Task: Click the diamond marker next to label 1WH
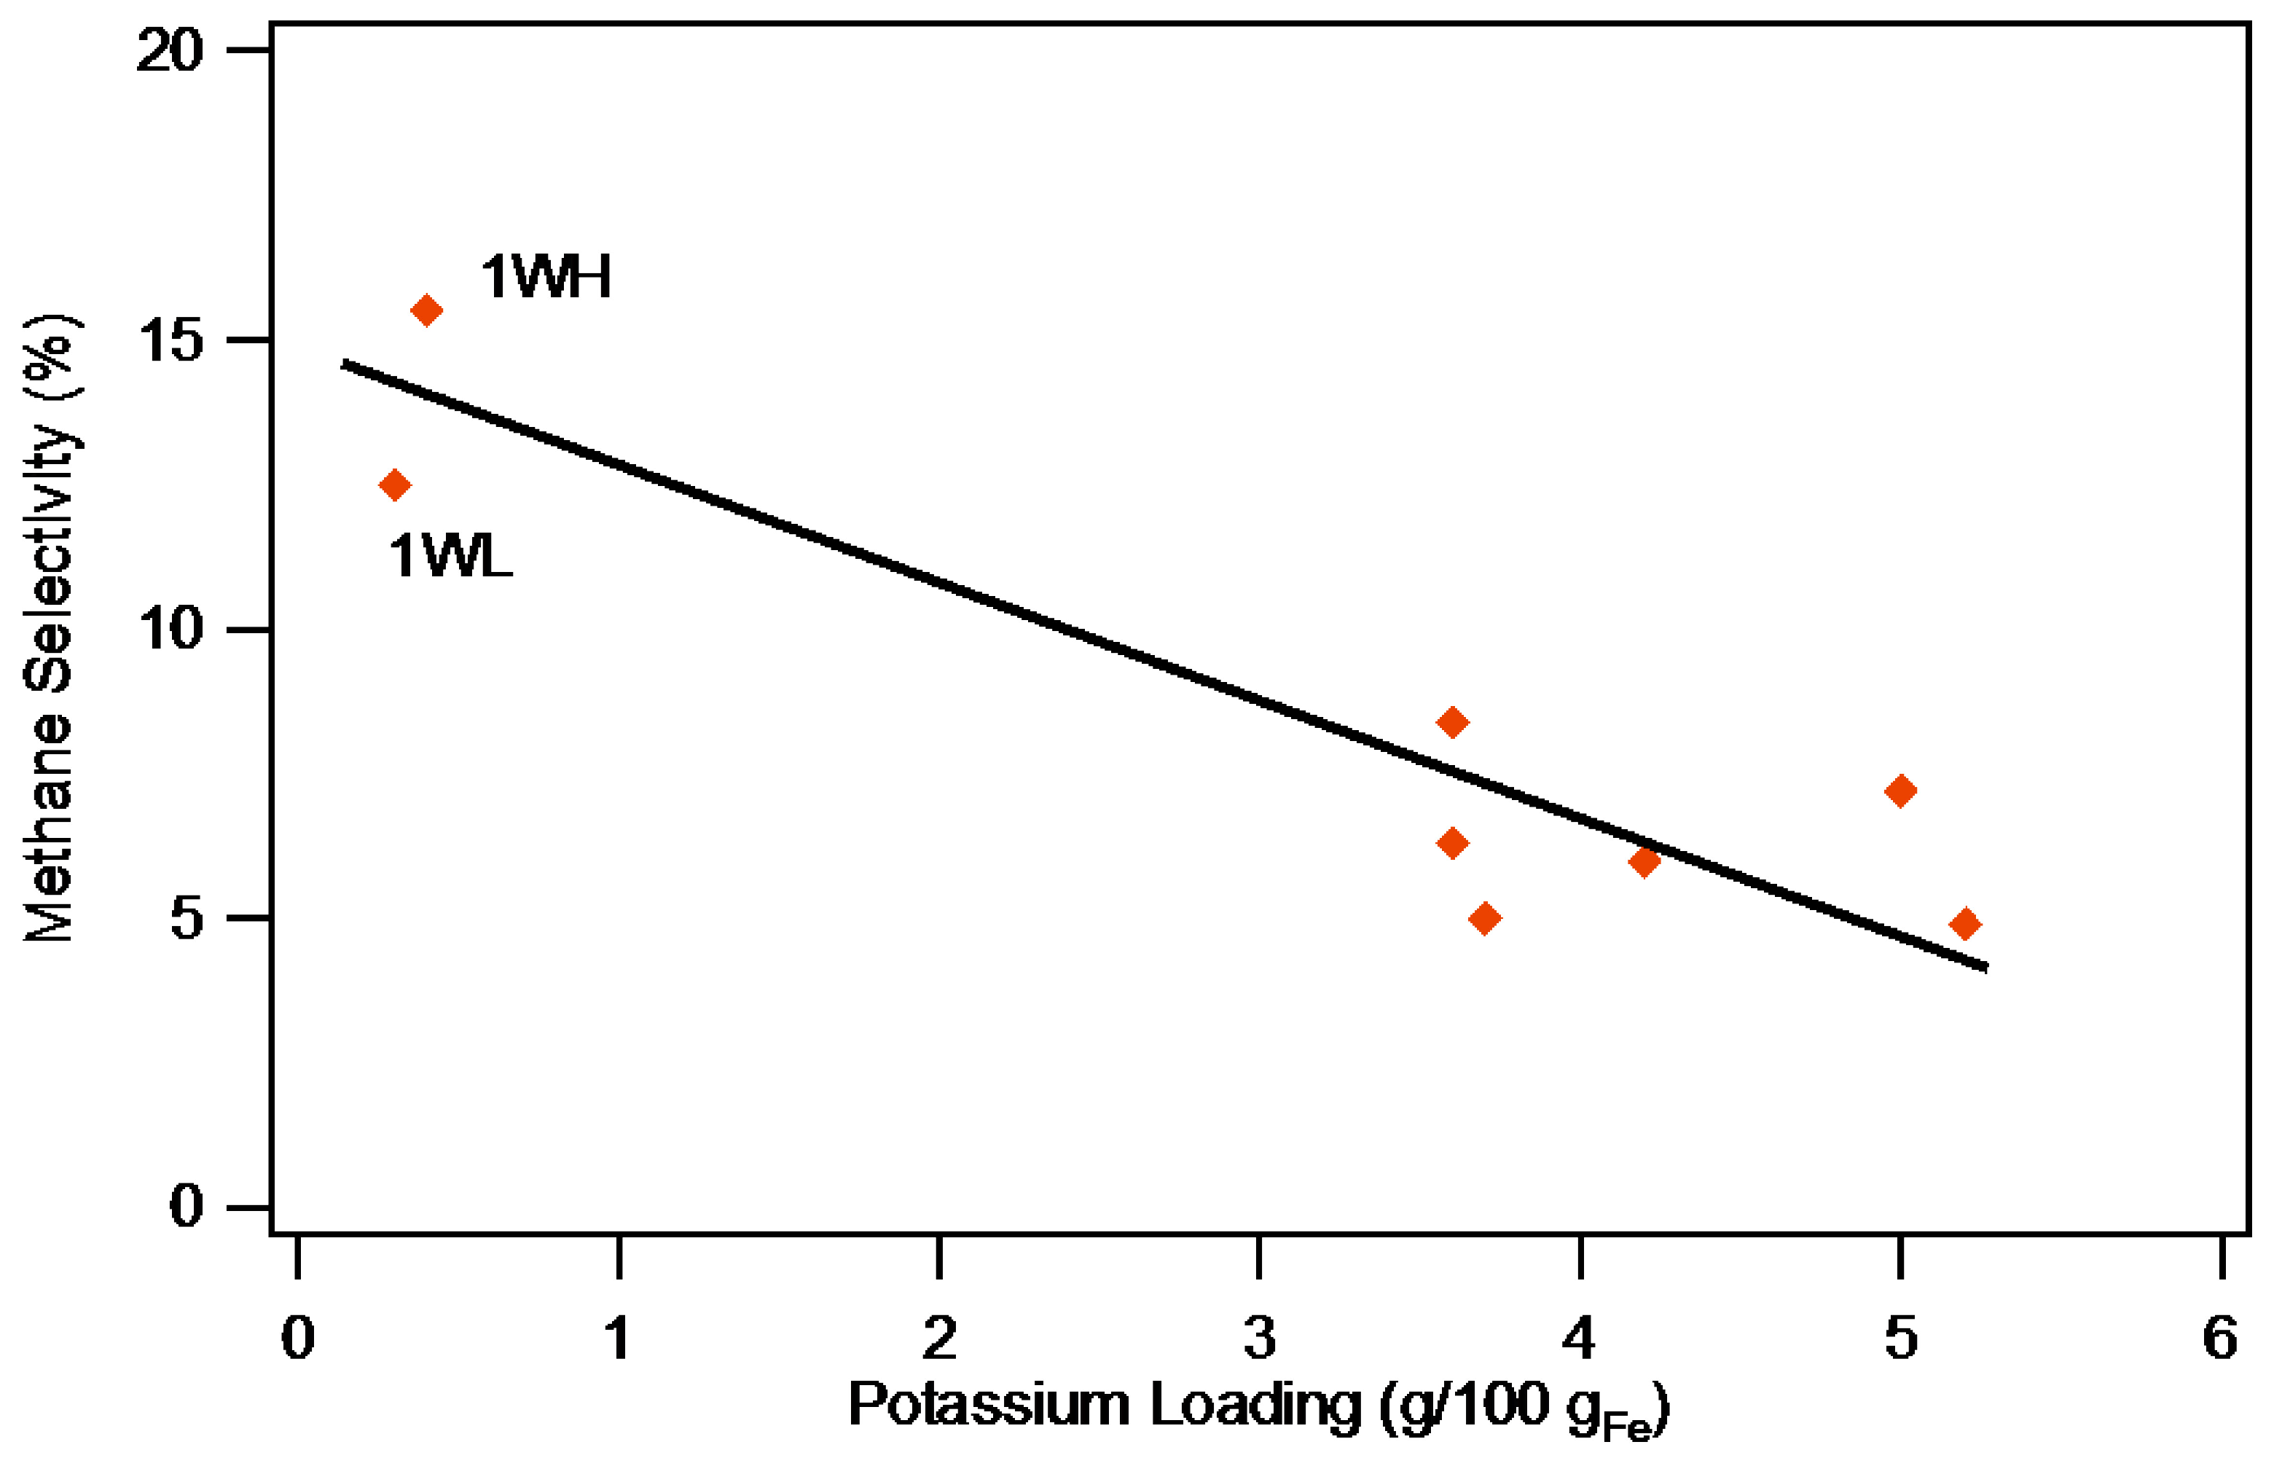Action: coord(426,310)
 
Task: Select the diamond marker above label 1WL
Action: coord(395,485)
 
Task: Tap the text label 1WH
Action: coord(546,278)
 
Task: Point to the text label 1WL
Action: coord(450,556)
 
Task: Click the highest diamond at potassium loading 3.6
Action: coord(1452,722)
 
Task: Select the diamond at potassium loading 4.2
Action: coord(1644,861)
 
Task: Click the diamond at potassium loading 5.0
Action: coord(1900,791)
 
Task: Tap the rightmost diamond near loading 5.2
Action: coord(1965,924)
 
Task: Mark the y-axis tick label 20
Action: coord(170,50)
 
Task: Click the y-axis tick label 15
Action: coord(170,341)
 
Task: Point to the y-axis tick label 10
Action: coord(170,630)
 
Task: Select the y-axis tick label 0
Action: coord(187,1206)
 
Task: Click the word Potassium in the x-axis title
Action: coord(989,1404)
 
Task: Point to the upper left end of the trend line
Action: coord(344,363)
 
